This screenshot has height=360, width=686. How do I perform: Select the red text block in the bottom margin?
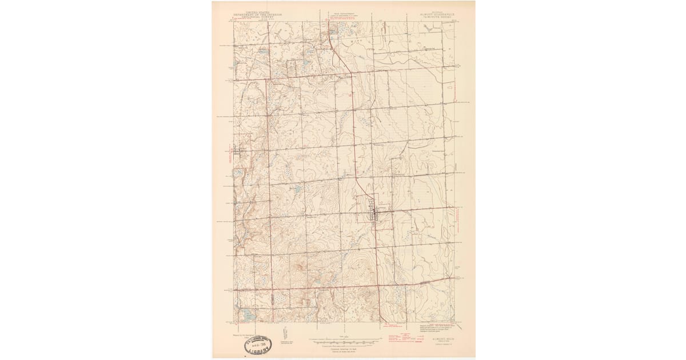(x=394, y=337)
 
